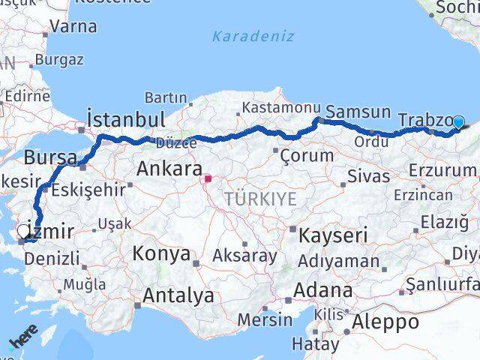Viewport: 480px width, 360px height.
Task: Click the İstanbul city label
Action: pos(125,119)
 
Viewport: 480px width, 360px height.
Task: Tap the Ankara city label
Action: pos(169,169)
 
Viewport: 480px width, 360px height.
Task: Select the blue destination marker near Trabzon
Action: pos(459,123)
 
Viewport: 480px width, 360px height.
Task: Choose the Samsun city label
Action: pos(358,112)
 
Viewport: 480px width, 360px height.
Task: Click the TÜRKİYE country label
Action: pos(260,199)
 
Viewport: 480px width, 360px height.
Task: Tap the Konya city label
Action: pos(161,253)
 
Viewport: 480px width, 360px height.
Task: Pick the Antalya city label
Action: pos(178,296)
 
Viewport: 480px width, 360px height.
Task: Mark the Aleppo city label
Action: pos(387,322)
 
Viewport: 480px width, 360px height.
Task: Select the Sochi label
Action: pos(457,9)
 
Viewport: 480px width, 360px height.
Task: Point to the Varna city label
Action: pos(73,26)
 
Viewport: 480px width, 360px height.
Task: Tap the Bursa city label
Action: pos(50,158)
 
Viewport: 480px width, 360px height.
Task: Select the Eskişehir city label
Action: pos(94,190)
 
